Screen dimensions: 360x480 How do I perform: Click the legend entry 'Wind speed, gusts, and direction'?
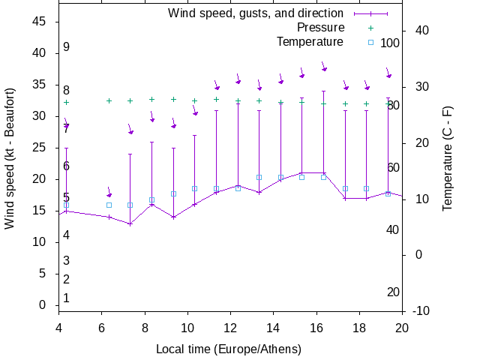coord(255,13)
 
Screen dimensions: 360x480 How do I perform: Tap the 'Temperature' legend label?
coord(310,42)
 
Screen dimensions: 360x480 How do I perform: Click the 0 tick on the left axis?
coord(43,305)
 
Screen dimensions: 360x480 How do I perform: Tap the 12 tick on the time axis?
coord(230,327)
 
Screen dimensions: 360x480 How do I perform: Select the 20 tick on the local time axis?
coord(402,327)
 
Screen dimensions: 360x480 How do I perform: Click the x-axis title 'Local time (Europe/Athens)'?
coord(229,349)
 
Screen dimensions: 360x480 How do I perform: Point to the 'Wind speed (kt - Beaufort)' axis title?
coord(10,162)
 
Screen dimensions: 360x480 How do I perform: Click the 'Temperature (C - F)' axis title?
coord(448,157)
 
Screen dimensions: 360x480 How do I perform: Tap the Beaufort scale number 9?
coord(66,47)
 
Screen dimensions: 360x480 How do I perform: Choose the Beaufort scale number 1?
coord(66,298)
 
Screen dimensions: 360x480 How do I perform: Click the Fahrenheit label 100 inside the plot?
coord(390,43)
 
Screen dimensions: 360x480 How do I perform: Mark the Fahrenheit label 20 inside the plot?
coord(393,292)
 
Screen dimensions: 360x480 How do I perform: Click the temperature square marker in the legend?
coord(370,42)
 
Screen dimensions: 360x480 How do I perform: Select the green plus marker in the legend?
coord(370,28)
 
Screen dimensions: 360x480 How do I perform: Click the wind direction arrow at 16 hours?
coord(324,67)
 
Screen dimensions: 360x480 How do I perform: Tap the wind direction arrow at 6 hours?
coord(109,193)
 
